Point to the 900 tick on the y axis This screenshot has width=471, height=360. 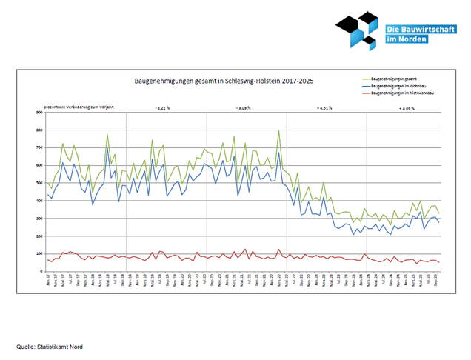(39, 113)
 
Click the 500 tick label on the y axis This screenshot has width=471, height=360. (39, 183)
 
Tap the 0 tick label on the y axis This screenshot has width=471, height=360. (41, 271)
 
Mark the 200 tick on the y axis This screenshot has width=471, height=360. (39, 236)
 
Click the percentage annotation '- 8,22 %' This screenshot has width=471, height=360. (162, 108)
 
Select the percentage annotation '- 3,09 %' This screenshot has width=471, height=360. (244, 108)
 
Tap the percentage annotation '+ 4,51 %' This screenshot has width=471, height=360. (324, 108)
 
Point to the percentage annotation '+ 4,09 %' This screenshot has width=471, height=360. (406, 108)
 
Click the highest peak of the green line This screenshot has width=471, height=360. (279, 131)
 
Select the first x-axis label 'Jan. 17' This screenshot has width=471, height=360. (48, 281)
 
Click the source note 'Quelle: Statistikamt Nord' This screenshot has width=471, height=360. (45, 346)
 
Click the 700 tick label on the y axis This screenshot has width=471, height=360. (39, 148)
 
